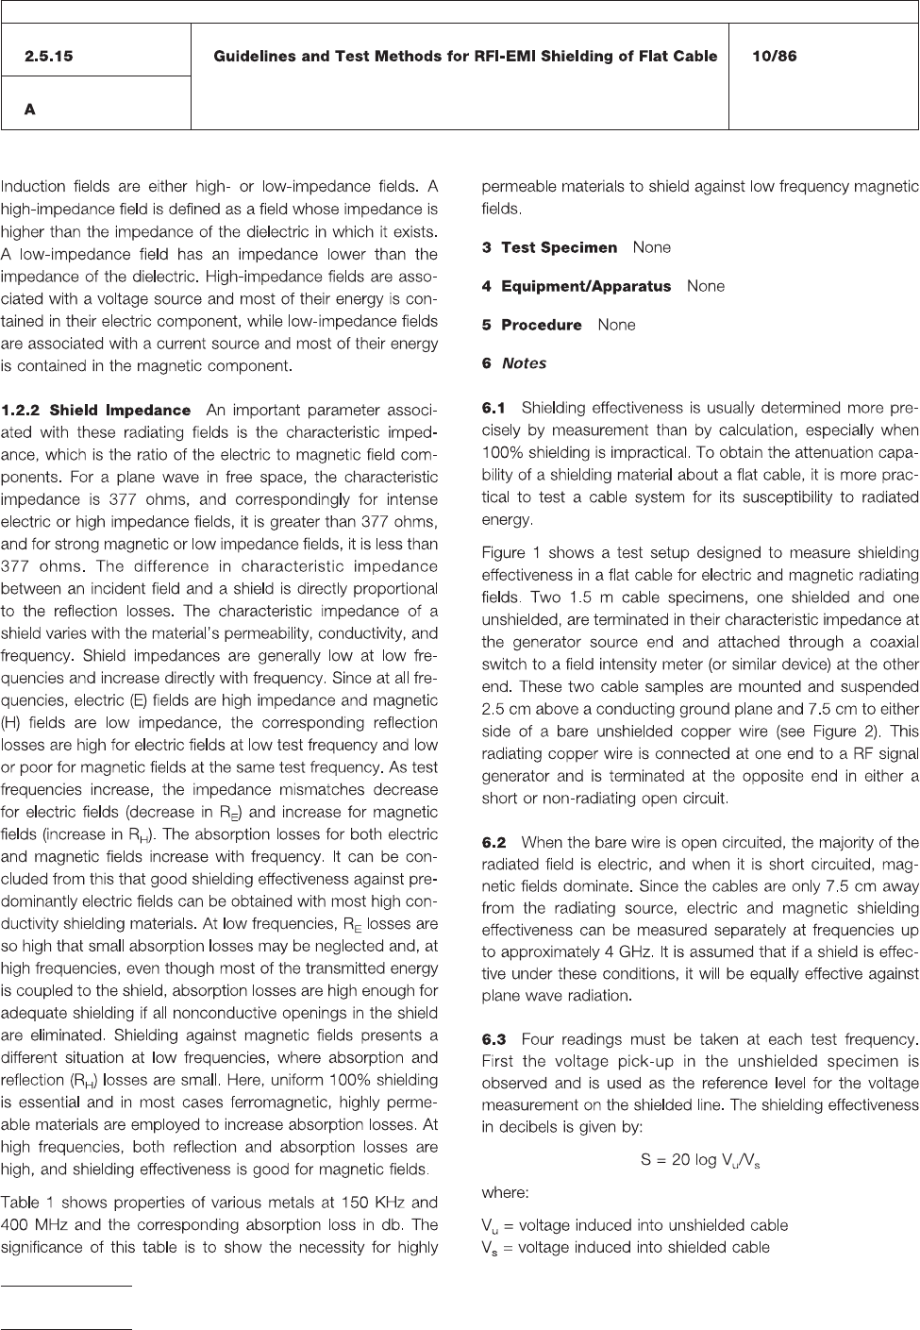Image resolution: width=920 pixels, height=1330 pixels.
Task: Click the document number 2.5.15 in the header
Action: click(48, 57)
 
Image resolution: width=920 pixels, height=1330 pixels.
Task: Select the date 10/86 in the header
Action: click(774, 57)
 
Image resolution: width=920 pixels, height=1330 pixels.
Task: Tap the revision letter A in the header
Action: click(30, 109)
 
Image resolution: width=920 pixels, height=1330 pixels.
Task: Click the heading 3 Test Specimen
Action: click(549, 247)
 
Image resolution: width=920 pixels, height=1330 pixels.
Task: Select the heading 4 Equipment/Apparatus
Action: click(577, 286)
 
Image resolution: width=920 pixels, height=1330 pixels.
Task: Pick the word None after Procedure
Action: click(616, 325)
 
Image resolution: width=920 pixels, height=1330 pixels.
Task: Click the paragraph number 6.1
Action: click(493, 409)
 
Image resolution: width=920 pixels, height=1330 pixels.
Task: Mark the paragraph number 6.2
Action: click(493, 842)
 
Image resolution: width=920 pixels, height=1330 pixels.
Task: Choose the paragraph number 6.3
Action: click(493, 1039)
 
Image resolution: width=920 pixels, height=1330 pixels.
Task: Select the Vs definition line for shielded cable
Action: click(626, 1248)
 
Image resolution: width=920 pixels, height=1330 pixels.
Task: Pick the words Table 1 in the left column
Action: click(29, 1203)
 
